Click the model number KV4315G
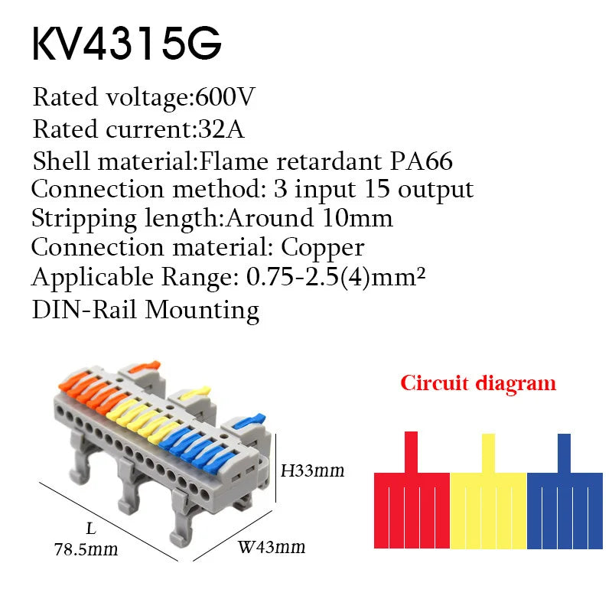(127, 43)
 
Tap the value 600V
(225, 96)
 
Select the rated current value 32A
(221, 129)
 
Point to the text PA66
(422, 161)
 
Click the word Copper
(322, 248)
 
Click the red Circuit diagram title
(478, 383)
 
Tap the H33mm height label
(313, 470)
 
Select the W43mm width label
(272, 547)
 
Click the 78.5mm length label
(86, 549)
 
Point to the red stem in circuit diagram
(411, 452)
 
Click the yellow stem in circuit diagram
(488, 454)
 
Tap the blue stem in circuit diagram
(564, 454)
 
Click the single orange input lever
(145, 366)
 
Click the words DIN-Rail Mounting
(145, 311)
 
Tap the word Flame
(234, 161)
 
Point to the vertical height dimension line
(276, 467)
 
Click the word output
(435, 190)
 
